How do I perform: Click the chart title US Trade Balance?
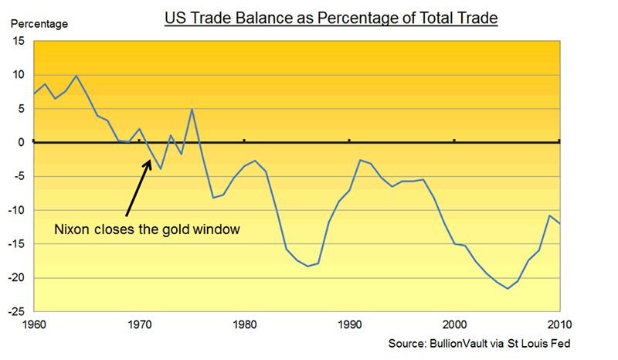(x=331, y=16)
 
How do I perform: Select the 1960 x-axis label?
(x=34, y=324)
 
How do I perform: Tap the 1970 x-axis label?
(x=139, y=324)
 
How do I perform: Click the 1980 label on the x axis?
(x=244, y=324)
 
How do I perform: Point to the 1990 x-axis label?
(x=349, y=324)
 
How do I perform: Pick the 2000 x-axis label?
(x=454, y=324)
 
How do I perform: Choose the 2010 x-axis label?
(x=559, y=324)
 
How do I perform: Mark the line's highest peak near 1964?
(x=76, y=76)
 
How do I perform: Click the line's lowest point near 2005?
(x=507, y=288)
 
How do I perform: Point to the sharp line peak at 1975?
(x=192, y=109)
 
